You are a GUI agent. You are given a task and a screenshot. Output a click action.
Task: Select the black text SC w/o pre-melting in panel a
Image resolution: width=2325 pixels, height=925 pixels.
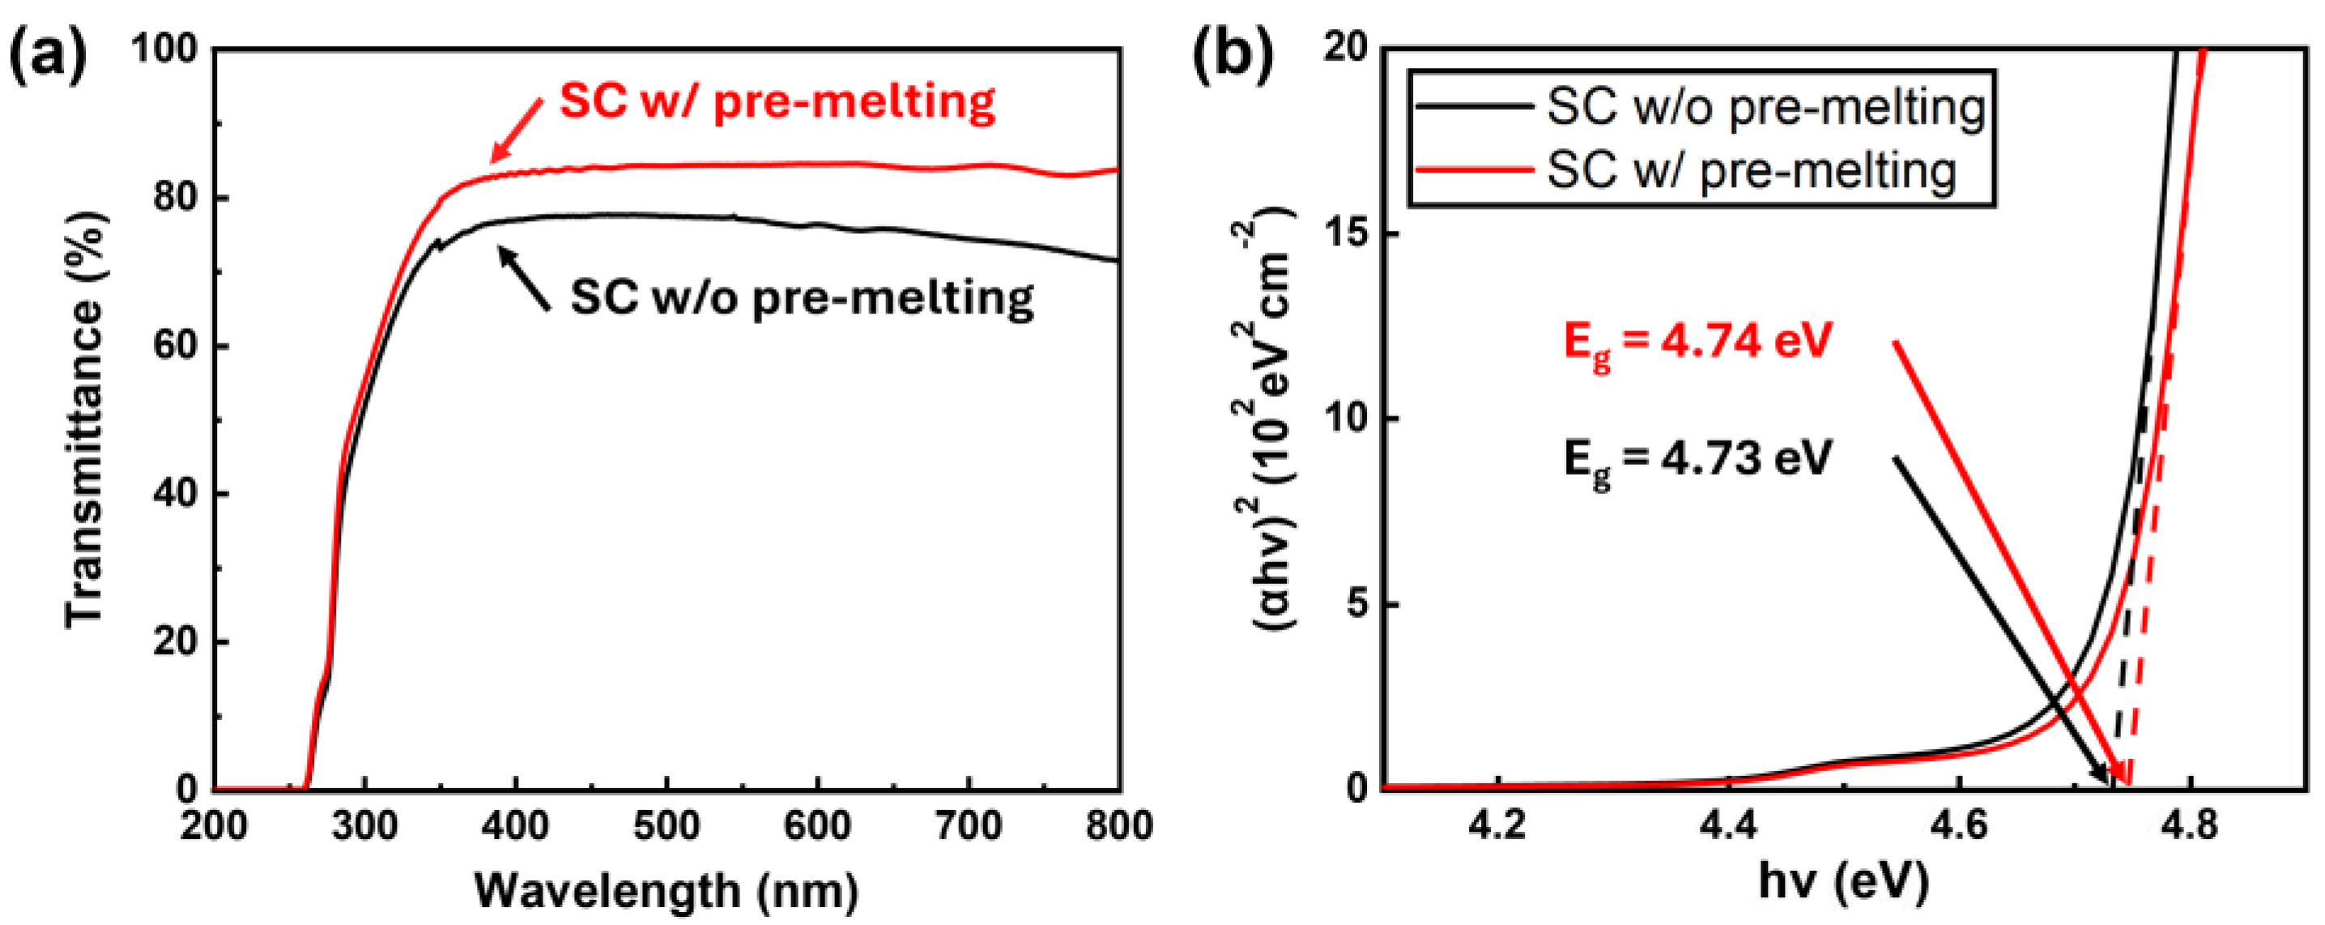click(x=803, y=297)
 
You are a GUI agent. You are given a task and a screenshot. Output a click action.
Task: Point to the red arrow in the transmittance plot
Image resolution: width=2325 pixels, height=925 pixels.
click(x=517, y=131)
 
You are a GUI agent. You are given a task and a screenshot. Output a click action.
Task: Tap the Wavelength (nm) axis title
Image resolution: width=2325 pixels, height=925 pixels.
click(x=666, y=891)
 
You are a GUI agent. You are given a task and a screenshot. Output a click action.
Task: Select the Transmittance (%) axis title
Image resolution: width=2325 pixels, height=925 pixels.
click(x=85, y=420)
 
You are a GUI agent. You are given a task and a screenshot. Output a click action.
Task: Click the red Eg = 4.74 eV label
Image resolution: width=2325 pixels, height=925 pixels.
click(x=1697, y=343)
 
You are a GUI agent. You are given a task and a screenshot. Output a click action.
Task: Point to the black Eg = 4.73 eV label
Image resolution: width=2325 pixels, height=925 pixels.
click(x=1697, y=459)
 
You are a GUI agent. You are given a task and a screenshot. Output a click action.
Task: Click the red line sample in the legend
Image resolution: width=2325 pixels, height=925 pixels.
click(x=1475, y=169)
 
